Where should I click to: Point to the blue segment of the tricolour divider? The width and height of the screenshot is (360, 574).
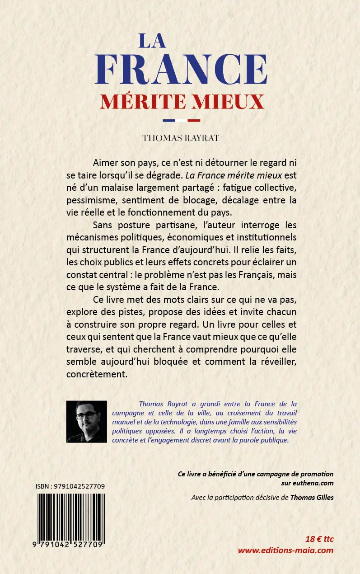pos(168,121)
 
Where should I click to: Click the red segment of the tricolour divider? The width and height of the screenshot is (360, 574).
pos(193,121)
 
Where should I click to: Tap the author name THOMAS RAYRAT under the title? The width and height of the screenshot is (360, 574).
pos(181,138)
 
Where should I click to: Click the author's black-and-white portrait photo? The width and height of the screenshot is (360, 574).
pos(87,421)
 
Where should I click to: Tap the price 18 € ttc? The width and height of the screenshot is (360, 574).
pos(319,539)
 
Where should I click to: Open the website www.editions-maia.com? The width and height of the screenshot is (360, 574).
pos(285,550)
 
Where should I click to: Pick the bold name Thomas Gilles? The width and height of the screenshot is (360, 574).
pos(312,497)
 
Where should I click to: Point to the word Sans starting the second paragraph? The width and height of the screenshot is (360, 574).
pos(103,225)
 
